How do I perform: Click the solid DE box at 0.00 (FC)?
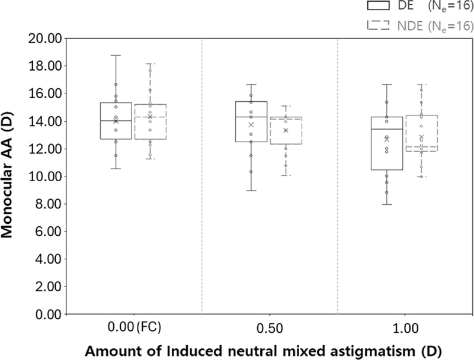(116, 121)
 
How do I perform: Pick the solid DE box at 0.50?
(251, 121)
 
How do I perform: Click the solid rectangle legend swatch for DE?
(378, 7)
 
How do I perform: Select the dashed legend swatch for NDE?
(378, 25)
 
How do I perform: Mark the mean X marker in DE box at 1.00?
(387, 139)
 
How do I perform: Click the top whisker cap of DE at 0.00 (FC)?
(116, 56)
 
